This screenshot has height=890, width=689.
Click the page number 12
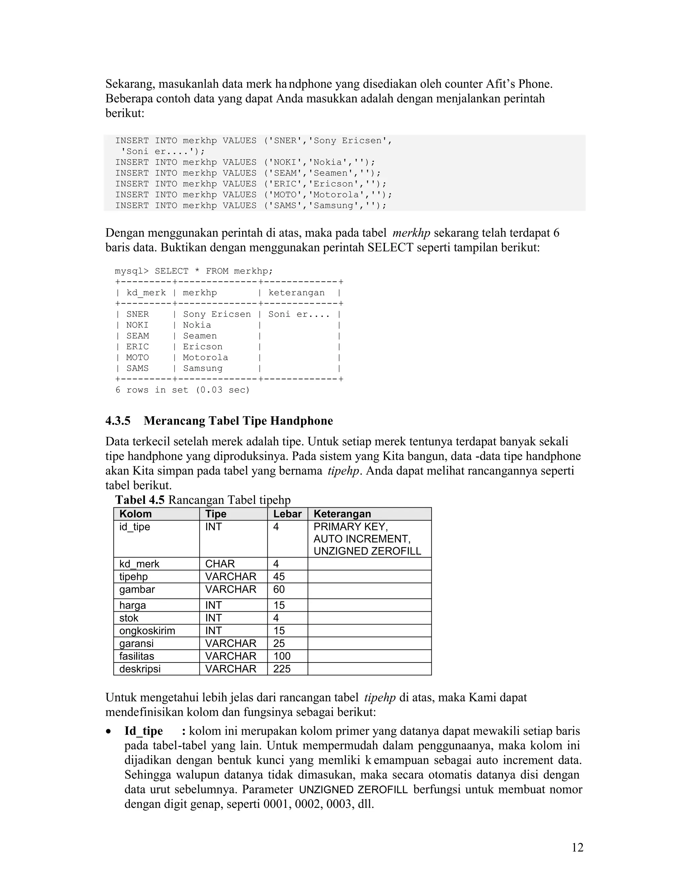577,847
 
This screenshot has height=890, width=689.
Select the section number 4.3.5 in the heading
118,420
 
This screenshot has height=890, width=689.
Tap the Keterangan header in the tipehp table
342,514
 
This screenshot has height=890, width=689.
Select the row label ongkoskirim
147,631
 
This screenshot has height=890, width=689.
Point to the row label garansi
136,644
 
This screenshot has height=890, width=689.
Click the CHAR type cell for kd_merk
220,564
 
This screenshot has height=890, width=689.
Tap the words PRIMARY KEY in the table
350,527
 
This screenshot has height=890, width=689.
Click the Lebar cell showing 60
279,589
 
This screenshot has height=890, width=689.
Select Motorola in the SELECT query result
205,357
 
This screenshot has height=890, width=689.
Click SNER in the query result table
137,314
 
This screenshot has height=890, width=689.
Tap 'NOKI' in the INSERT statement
285,162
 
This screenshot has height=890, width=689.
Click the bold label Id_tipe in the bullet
143,731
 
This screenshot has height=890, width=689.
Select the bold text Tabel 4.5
139,500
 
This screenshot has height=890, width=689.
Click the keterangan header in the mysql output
296,293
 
